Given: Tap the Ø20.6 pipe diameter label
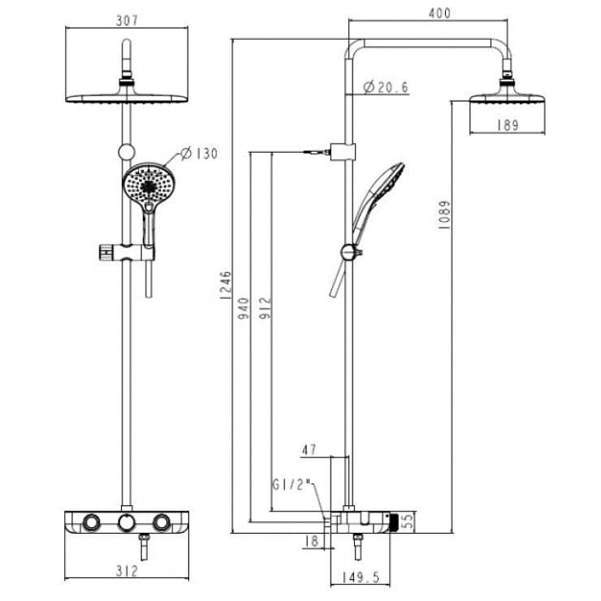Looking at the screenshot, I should click(386, 87).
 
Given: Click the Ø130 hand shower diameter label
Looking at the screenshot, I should click(199, 153).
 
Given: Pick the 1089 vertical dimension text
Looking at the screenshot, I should click(444, 215).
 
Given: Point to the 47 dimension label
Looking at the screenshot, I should click(309, 449).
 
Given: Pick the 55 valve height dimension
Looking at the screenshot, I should click(409, 521).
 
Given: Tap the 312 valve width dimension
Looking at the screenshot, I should click(126, 572).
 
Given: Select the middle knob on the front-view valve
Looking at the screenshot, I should click(125, 522).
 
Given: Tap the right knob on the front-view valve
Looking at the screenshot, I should click(162, 522).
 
